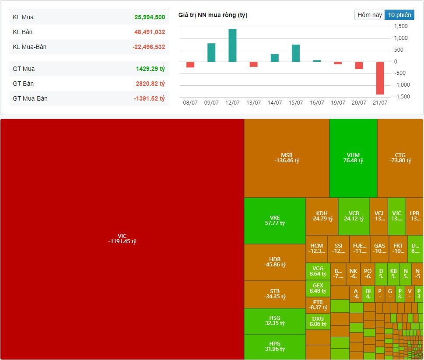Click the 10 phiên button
(x=399, y=15)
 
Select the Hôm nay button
(x=370, y=15)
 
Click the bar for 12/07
(x=232, y=45)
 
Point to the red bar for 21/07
(x=380, y=78)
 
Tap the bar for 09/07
(x=211, y=52)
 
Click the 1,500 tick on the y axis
(x=401, y=26)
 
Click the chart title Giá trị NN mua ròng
(x=213, y=15)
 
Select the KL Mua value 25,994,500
(x=150, y=17)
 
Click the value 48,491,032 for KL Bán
(x=150, y=32)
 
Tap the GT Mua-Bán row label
(x=30, y=99)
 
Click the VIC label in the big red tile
(x=122, y=236)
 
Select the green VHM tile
(x=353, y=158)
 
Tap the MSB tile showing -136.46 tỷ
(x=287, y=158)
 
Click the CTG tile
(x=400, y=158)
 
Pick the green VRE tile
(x=275, y=220)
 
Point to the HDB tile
(x=275, y=262)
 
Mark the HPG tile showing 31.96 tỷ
(x=275, y=346)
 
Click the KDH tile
(x=322, y=216)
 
